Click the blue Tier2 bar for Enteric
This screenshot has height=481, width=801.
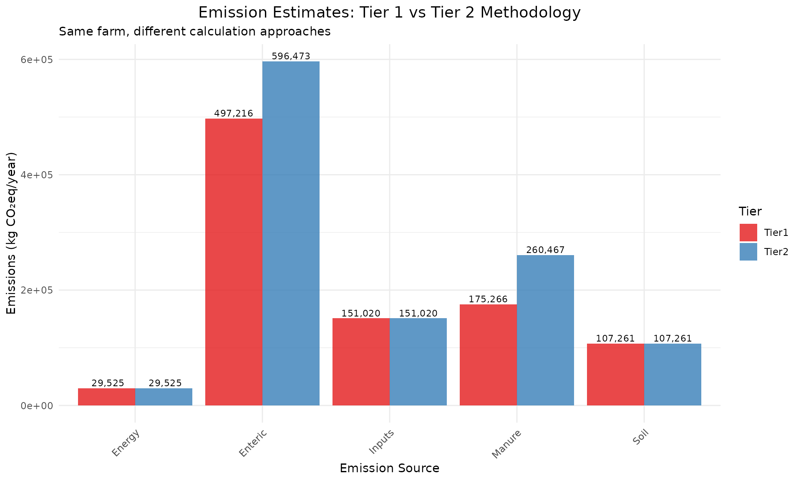(x=291, y=234)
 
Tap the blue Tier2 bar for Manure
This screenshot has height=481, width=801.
(x=545, y=330)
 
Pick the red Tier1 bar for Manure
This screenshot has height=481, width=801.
(x=488, y=355)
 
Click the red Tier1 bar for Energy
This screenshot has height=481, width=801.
(x=106, y=397)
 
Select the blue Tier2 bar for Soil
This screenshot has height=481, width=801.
(x=673, y=375)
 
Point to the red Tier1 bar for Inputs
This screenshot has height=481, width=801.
(x=361, y=362)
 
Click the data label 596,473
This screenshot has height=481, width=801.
(x=291, y=56)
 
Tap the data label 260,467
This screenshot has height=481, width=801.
(x=545, y=250)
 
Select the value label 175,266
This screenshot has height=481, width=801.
(x=488, y=299)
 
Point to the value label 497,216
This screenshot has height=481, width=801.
(x=234, y=113)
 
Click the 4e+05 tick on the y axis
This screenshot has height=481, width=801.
(x=37, y=175)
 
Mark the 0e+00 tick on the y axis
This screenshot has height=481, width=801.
(x=37, y=406)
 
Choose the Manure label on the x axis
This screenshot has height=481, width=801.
(x=506, y=444)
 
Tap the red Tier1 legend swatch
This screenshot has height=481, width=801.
(x=748, y=233)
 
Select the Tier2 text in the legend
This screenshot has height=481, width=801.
(x=776, y=252)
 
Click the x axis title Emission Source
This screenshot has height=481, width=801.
(x=389, y=468)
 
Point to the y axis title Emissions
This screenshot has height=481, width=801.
(x=12, y=233)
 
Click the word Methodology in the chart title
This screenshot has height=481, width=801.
(x=530, y=13)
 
